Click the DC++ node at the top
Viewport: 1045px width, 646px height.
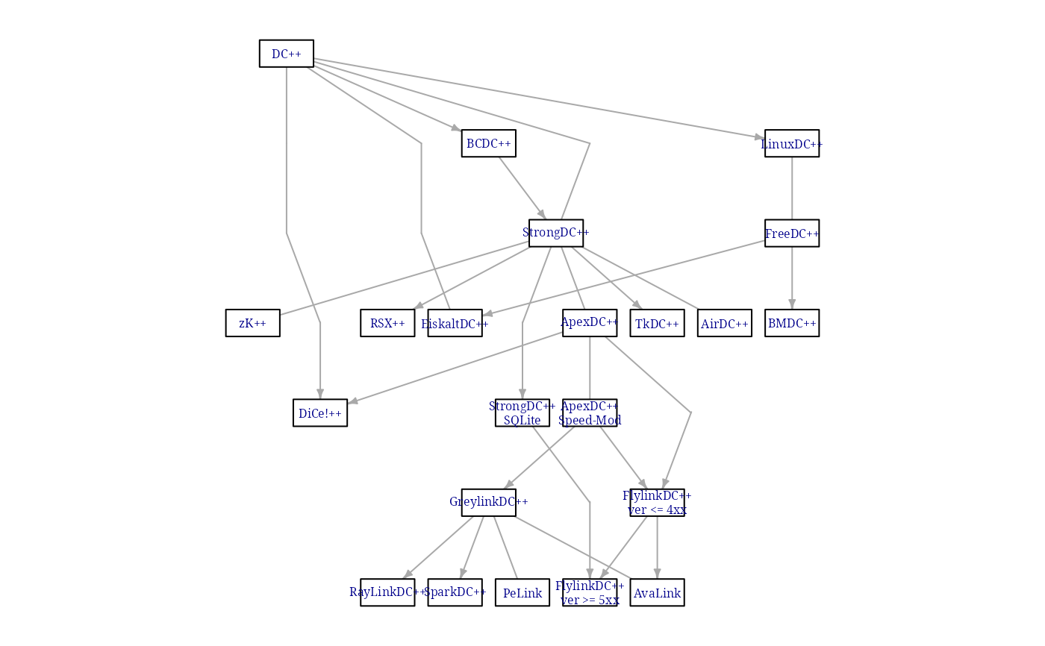point(287,54)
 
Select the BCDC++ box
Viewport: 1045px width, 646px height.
point(489,143)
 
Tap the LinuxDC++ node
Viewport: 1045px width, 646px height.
point(792,143)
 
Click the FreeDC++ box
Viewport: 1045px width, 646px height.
point(792,233)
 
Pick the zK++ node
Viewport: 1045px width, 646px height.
point(253,323)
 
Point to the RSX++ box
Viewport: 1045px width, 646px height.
point(387,323)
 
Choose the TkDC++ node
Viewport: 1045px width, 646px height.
point(657,323)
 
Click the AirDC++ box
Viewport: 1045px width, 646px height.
point(725,323)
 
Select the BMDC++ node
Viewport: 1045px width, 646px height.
point(792,323)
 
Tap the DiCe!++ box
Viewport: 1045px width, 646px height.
point(320,413)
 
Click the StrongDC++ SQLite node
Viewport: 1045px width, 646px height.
point(522,413)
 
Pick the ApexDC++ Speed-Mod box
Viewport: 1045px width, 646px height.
point(590,413)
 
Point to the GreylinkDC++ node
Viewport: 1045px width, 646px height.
point(489,502)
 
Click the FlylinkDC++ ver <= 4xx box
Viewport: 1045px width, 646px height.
point(657,502)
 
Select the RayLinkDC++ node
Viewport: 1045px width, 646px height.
point(387,592)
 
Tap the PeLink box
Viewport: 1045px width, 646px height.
point(522,592)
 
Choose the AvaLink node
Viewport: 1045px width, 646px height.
point(657,592)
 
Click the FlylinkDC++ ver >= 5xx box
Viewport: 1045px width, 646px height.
point(590,592)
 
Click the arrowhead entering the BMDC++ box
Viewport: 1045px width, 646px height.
point(792,304)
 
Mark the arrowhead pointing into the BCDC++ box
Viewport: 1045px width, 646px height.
point(456,128)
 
